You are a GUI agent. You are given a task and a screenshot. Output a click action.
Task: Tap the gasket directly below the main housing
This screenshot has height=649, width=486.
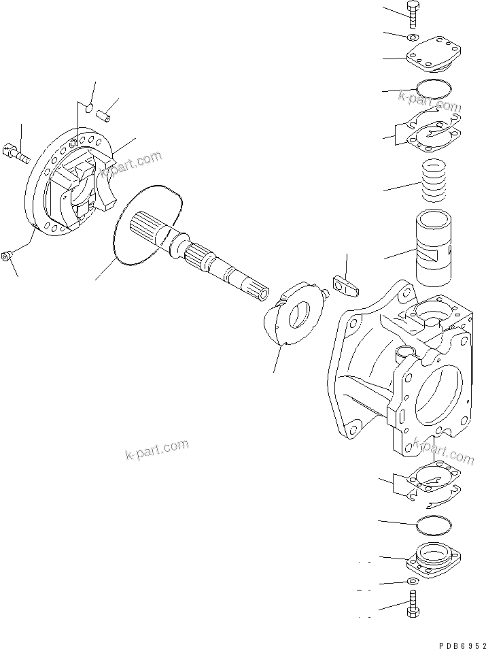click(x=432, y=486)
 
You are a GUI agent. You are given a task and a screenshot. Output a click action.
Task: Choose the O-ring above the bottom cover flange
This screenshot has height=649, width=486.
click(x=432, y=526)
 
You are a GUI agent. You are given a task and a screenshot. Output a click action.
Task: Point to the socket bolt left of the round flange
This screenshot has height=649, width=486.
click(x=18, y=154)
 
